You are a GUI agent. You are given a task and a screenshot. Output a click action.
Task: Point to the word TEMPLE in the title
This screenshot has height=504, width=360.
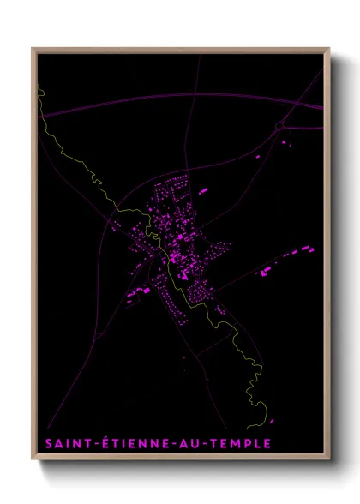point(241,443)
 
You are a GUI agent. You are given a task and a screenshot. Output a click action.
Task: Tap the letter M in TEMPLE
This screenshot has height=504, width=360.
point(233,443)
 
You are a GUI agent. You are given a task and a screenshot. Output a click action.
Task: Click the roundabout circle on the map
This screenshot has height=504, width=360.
point(279,126)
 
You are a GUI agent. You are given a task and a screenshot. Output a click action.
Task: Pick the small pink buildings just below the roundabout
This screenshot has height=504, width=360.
point(286,143)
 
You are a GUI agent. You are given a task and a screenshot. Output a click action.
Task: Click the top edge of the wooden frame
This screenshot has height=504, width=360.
point(180,50)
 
